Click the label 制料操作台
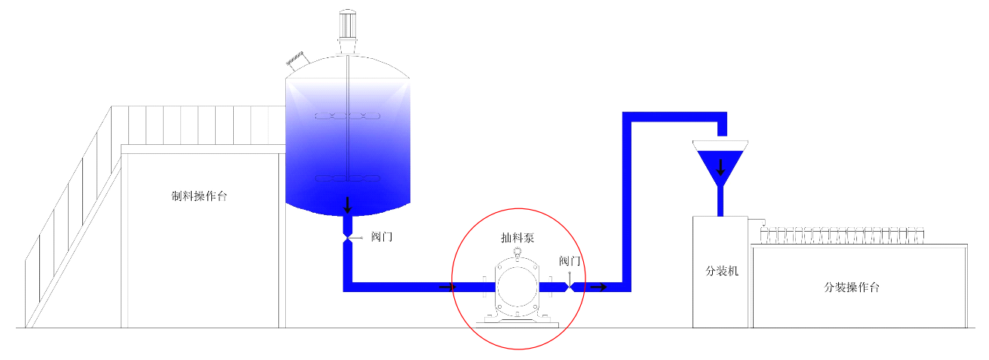[199, 196]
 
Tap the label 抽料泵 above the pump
[518, 238]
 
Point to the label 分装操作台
[852, 288]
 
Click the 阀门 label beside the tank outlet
[382, 237]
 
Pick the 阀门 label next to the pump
[570, 261]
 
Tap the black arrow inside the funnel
[721, 167]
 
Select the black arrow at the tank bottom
[347, 204]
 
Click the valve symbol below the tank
[347, 239]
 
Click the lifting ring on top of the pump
[518, 253]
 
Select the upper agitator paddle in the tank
[347, 116]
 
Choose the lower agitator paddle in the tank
[347, 179]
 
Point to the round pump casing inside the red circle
[517, 287]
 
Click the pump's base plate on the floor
[517, 322]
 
